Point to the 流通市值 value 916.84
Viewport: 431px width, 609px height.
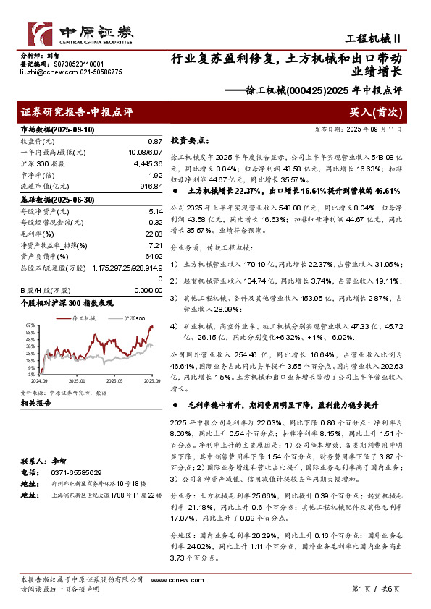[150, 187]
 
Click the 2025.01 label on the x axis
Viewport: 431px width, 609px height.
[77, 379]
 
